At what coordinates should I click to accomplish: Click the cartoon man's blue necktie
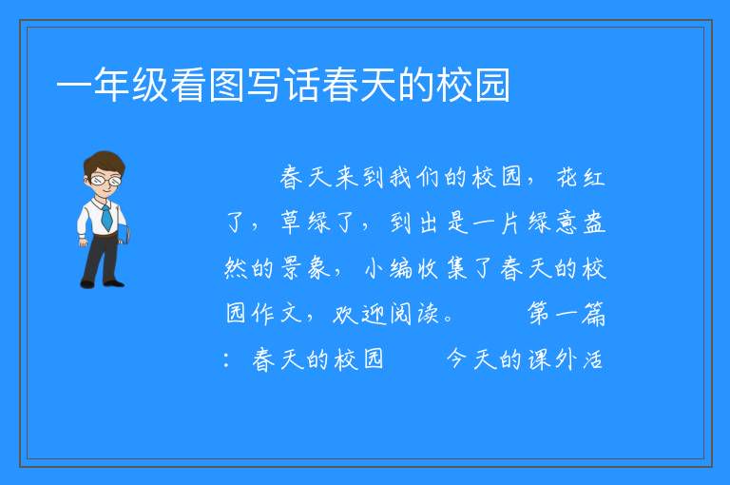(106, 217)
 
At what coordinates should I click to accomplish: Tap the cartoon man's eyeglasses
(106, 180)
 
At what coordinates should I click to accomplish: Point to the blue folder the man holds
(124, 234)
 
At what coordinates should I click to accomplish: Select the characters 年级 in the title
(131, 85)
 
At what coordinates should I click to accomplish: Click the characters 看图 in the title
(206, 85)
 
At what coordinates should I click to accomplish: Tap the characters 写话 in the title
(282, 85)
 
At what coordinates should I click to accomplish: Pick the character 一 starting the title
(74, 87)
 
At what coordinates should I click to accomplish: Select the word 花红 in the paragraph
(581, 178)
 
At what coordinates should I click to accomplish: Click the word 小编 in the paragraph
(388, 268)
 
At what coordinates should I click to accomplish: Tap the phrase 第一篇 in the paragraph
(567, 313)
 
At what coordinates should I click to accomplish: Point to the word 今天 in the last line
(471, 359)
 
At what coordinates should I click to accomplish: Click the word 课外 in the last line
(552, 359)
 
